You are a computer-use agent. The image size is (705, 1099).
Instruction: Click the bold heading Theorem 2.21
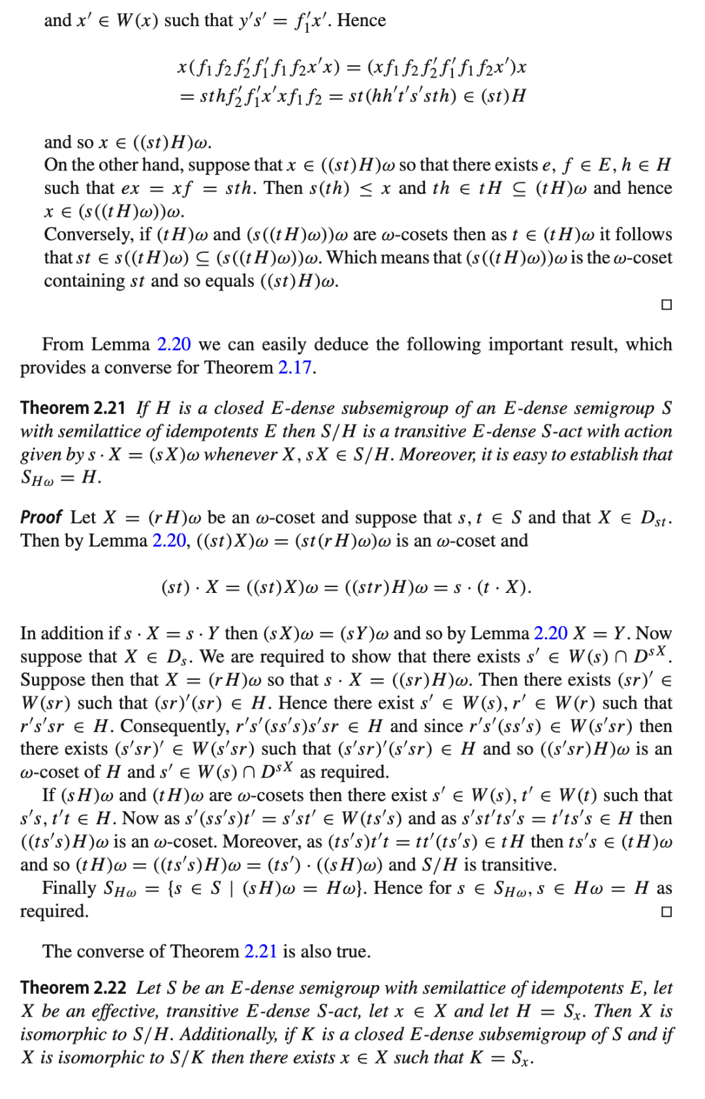click(x=72, y=408)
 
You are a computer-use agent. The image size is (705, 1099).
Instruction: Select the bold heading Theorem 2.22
click(x=73, y=987)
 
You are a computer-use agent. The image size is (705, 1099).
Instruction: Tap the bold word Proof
click(x=40, y=517)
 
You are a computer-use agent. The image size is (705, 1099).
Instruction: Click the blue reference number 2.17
click(x=295, y=368)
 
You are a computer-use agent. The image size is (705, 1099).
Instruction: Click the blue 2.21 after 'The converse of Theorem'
click(x=260, y=951)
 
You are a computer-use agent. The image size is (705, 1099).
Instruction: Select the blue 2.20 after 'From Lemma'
click(x=174, y=344)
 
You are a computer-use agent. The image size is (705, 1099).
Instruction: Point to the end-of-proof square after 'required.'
click(x=666, y=912)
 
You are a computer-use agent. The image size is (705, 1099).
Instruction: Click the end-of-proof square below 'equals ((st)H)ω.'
click(x=666, y=305)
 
